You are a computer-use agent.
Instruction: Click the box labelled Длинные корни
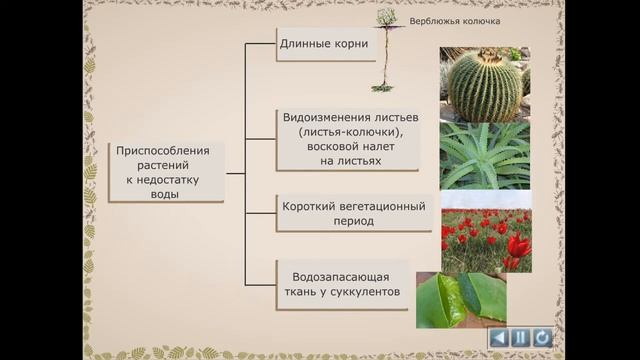pos(325,44)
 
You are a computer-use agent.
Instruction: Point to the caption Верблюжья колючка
pos(455,21)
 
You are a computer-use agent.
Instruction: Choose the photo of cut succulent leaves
pos(461,300)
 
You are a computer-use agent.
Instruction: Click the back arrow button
pos(499,337)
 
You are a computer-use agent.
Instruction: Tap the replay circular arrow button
pos(541,337)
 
